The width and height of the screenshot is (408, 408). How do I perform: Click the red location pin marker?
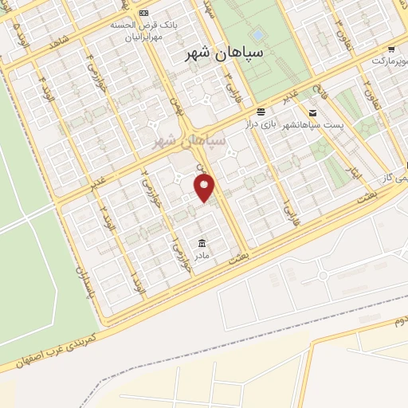(x=206, y=188)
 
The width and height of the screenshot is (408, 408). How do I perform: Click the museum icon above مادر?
(x=200, y=242)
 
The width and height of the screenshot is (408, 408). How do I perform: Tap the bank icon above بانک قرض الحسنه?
(x=143, y=13)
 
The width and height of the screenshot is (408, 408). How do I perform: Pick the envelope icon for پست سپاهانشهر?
(x=312, y=112)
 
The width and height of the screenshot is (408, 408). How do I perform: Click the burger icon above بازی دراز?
(x=261, y=112)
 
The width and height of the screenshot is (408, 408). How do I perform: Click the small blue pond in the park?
(x=257, y=35)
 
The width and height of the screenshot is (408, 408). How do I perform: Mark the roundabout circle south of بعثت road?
(x=323, y=276)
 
